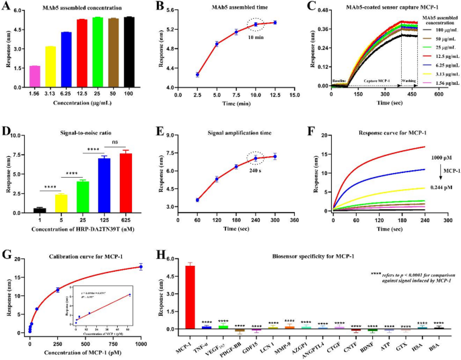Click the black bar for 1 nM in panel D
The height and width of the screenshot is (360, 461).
(x=40, y=209)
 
